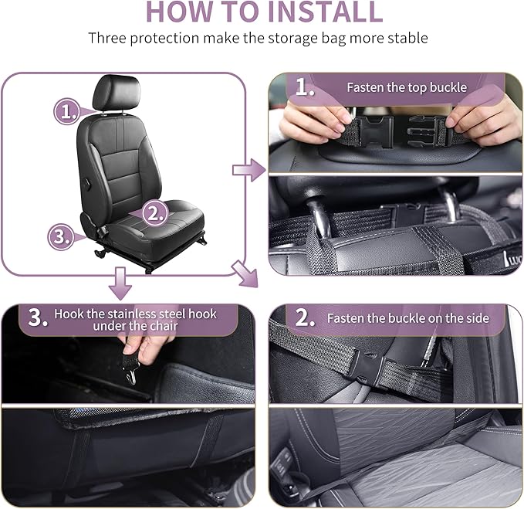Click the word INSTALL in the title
317,12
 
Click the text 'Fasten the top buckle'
406,87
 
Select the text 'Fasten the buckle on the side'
407,317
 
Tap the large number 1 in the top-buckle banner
305,87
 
